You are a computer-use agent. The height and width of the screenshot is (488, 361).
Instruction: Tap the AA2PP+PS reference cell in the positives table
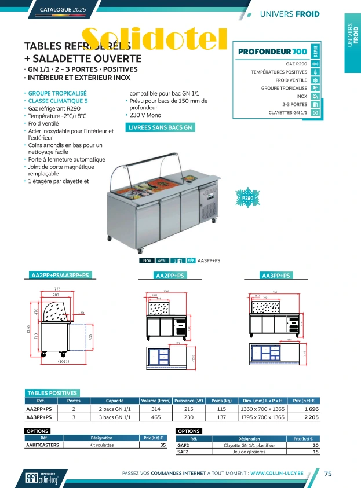[x=39, y=409]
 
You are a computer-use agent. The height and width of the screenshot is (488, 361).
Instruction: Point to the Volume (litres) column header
[x=156, y=401]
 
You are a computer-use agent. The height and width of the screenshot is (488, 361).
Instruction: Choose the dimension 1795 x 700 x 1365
[x=262, y=417]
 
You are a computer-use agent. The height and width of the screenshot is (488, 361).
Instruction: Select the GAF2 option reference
[x=183, y=446]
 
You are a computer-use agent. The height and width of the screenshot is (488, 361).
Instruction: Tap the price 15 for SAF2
[x=315, y=452]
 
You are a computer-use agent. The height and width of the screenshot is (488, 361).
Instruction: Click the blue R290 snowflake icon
[x=248, y=198]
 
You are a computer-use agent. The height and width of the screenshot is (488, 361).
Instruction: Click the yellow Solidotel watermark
[x=154, y=39]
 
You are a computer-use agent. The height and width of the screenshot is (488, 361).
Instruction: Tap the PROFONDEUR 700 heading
[x=272, y=53]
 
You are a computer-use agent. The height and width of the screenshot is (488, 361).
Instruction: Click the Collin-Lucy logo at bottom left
[x=42, y=478]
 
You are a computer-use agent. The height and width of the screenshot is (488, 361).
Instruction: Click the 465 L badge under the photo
[x=163, y=261]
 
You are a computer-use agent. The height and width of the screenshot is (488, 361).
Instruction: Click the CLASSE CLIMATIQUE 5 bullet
[x=58, y=101]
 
